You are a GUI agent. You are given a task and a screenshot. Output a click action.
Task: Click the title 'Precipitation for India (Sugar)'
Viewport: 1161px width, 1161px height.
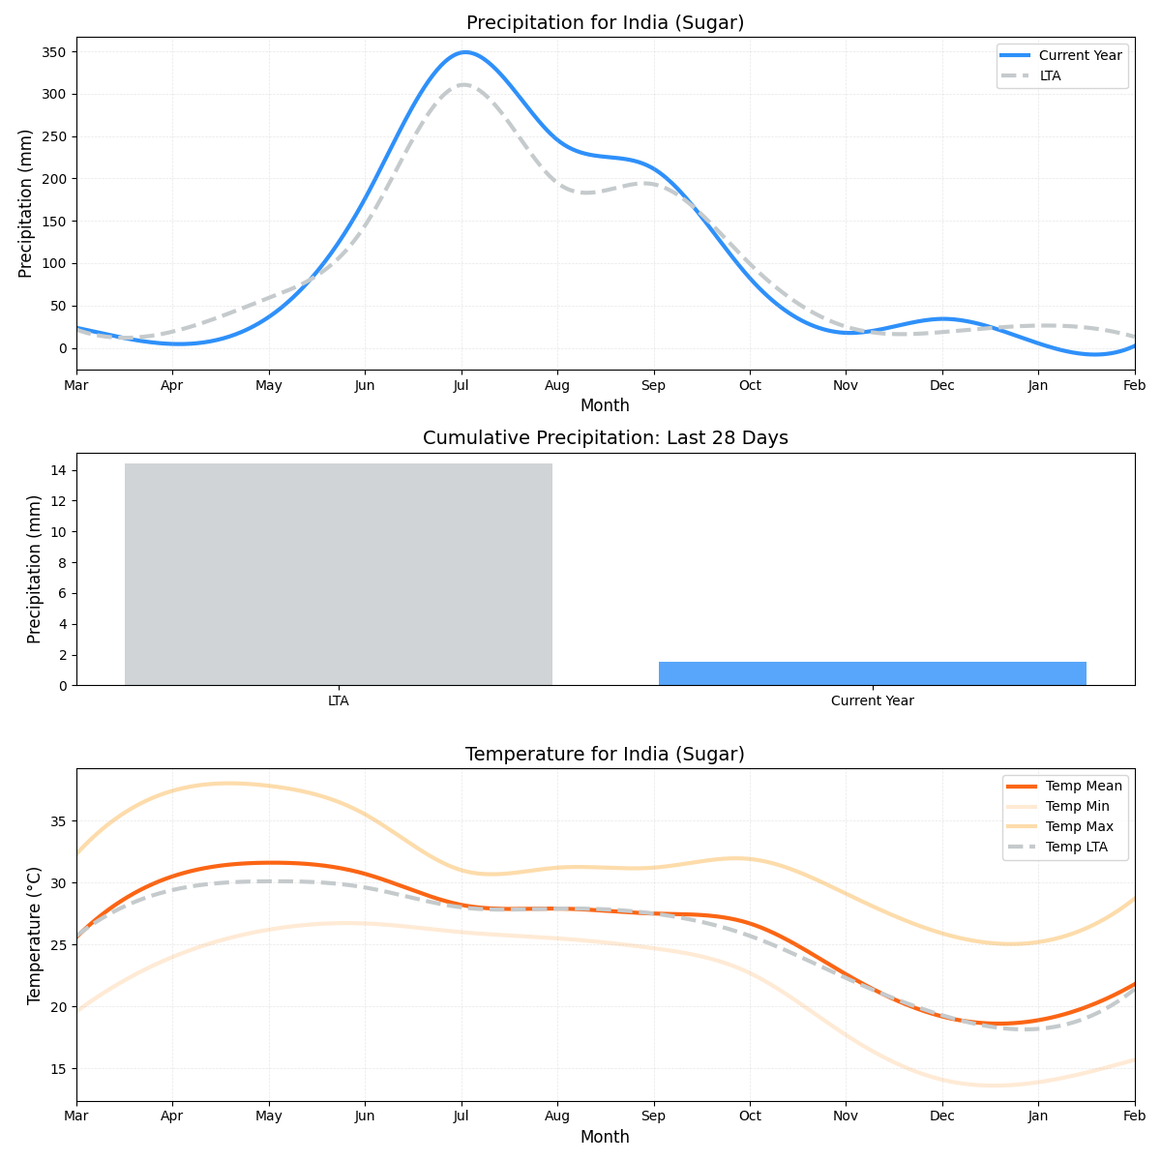(605, 23)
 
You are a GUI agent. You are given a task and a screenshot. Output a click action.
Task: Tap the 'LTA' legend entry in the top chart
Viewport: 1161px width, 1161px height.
(1050, 75)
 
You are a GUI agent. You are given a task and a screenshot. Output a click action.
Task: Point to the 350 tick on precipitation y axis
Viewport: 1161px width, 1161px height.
(53, 52)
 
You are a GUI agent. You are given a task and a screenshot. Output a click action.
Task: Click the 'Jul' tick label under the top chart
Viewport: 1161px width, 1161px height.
(461, 386)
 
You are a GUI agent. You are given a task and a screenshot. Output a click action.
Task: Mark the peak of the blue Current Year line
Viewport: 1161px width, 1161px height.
(465, 52)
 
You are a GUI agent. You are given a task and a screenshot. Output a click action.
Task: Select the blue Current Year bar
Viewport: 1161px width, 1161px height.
(872, 673)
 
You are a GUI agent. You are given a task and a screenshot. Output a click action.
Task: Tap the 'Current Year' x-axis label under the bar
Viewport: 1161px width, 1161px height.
(872, 701)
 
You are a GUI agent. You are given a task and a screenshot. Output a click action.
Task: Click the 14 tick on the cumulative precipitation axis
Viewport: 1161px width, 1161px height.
(58, 470)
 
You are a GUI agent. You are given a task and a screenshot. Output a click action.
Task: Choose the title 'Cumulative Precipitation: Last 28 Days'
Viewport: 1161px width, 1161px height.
(605, 438)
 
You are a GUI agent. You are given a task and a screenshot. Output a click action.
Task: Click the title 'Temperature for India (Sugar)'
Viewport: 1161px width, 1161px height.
(605, 755)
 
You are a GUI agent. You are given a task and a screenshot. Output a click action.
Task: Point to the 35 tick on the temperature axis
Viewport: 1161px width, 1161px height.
(58, 821)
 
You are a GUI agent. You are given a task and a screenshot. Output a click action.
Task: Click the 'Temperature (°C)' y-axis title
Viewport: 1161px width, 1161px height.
(35, 935)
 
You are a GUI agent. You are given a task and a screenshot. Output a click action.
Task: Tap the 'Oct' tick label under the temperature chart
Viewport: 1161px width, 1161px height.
(750, 1117)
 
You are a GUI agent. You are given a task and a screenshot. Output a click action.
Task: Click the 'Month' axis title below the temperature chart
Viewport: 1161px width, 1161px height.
(605, 1138)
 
